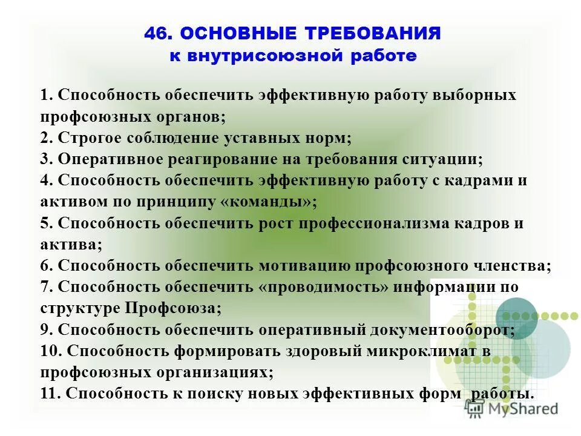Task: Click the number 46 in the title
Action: click(x=155, y=35)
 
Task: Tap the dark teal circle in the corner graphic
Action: click(x=516, y=318)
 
